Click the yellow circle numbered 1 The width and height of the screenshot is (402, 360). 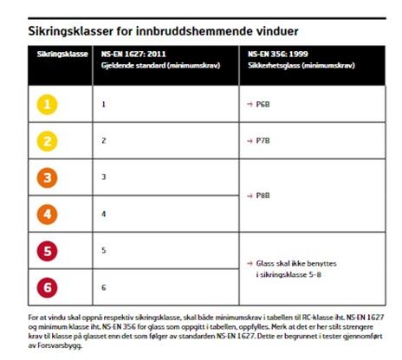(47, 105)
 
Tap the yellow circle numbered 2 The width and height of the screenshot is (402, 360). (47, 141)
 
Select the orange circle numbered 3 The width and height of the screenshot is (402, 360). (47, 177)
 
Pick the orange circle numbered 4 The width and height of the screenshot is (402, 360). (47, 215)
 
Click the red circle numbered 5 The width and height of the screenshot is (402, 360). (47, 251)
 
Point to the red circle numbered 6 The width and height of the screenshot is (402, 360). (47, 287)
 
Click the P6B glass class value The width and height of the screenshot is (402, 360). (263, 105)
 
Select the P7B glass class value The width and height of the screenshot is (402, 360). (263, 141)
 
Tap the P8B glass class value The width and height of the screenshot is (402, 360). (263, 196)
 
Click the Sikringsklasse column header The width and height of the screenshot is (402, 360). (62, 55)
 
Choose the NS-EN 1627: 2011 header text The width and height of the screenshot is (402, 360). (133, 54)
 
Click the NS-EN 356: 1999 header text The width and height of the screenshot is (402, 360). (278, 54)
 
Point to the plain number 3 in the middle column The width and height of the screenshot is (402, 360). (104, 177)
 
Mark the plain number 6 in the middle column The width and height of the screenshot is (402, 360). (104, 287)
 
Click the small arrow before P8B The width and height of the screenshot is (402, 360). (250, 196)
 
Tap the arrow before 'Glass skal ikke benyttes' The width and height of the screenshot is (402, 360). (250, 263)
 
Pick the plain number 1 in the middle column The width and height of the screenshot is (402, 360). (104, 104)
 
